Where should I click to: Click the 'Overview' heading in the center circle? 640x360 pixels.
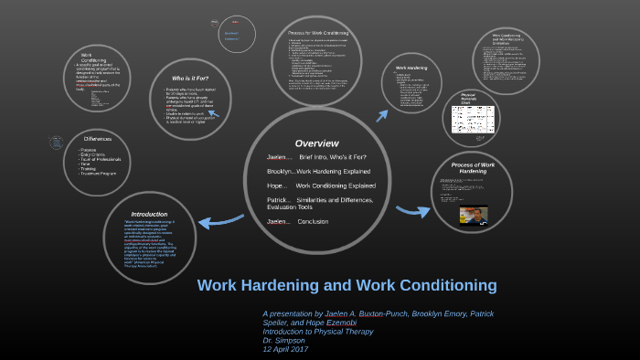316,143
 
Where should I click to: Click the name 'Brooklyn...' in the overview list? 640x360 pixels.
280,171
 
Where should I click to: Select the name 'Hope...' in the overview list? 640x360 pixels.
276,185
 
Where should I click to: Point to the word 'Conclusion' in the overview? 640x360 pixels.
313,222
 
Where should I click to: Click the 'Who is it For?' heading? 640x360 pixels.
190,79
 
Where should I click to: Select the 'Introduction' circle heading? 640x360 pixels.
150,214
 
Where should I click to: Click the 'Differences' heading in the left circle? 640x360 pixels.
97,139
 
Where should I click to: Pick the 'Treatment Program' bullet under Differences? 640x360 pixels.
100,174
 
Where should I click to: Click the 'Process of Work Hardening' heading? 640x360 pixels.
473,167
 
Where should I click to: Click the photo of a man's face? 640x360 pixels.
473,216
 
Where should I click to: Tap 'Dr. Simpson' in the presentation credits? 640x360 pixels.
283,340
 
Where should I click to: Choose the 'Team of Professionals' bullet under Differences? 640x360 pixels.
102,159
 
